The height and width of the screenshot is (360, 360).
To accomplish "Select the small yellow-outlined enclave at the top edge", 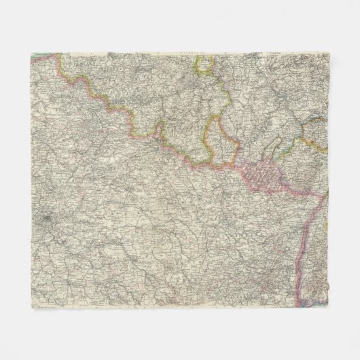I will pyautogui.click(x=204, y=65).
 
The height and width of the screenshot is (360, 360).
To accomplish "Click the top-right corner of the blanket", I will pyautogui.click(x=329, y=52).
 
